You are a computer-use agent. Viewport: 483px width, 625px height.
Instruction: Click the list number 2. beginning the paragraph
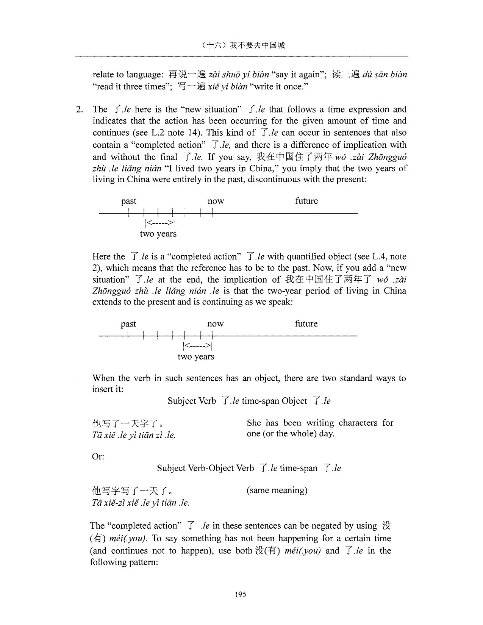(79, 109)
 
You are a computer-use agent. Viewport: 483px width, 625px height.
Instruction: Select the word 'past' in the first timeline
(128, 201)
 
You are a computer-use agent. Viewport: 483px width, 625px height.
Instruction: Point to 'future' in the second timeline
(306, 324)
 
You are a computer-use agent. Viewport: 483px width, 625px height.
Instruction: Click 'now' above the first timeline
(216, 201)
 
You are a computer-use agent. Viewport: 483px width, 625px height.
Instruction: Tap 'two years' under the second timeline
(196, 357)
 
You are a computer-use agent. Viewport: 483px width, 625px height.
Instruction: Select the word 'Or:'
(98, 456)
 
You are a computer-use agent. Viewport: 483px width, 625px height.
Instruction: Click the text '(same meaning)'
(277, 491)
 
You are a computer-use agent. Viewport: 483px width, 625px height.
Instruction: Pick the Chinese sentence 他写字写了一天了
(133, 491)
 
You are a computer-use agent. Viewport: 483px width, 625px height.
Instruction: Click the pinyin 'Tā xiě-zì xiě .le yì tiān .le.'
(140, 503)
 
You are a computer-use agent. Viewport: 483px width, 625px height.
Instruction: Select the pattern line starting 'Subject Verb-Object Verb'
(249, 468)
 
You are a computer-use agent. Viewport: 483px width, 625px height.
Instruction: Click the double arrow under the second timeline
(197, 346)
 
